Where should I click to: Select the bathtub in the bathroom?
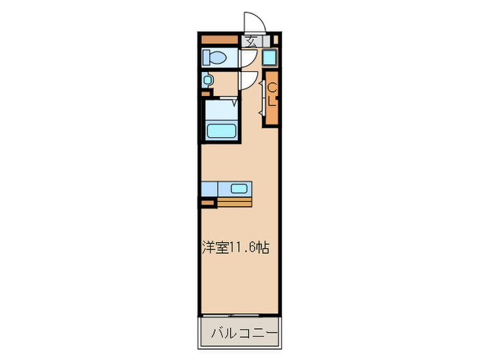(x=221, y=129)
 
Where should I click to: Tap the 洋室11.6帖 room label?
(x=234, y=248)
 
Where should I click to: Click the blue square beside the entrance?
(x=269, y=58)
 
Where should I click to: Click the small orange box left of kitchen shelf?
(x=206, y=202)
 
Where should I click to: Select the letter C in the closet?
(x=272, y=88)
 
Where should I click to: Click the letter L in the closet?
(x=272, y=104)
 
